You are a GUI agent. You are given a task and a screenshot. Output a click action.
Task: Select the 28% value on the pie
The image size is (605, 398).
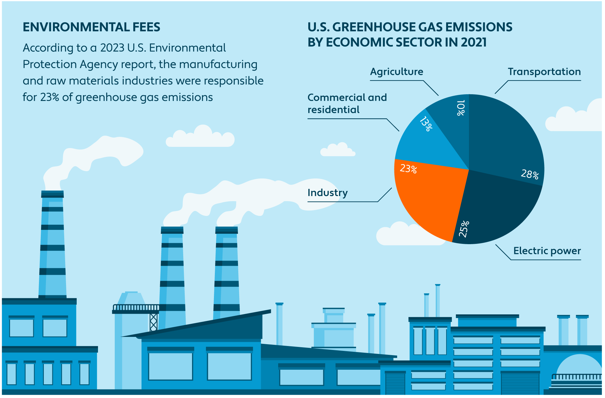click(x=530, y=174)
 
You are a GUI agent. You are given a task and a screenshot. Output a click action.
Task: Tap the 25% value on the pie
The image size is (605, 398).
click(x=464, y=229)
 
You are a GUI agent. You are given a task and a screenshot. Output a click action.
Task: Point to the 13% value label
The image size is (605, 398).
click(x=426, y=124)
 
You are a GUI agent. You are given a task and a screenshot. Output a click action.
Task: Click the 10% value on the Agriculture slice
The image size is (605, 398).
click(x=461, y=108)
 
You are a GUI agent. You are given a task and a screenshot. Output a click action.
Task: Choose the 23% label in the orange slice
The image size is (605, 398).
click(x=408, y=168)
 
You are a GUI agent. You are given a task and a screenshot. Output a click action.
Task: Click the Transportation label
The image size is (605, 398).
click(x=544, y=72)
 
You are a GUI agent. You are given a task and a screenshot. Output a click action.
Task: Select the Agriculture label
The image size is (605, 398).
click(x=397, y=72)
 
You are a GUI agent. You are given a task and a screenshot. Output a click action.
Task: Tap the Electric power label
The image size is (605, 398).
click(x=547, y=251)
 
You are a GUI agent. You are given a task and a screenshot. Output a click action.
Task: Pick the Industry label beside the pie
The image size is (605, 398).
click(x=327, y=193)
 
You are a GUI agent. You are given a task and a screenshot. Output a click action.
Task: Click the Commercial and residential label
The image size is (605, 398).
click(x=347, y=103)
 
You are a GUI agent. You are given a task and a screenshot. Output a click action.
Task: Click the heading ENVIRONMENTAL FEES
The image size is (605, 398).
click(x=91, y=27)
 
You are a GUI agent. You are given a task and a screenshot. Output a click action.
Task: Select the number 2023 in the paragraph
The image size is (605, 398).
click(x=112, y=48)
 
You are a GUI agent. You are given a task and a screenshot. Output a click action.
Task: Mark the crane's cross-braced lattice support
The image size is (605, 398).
click(x=153, y=322)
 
